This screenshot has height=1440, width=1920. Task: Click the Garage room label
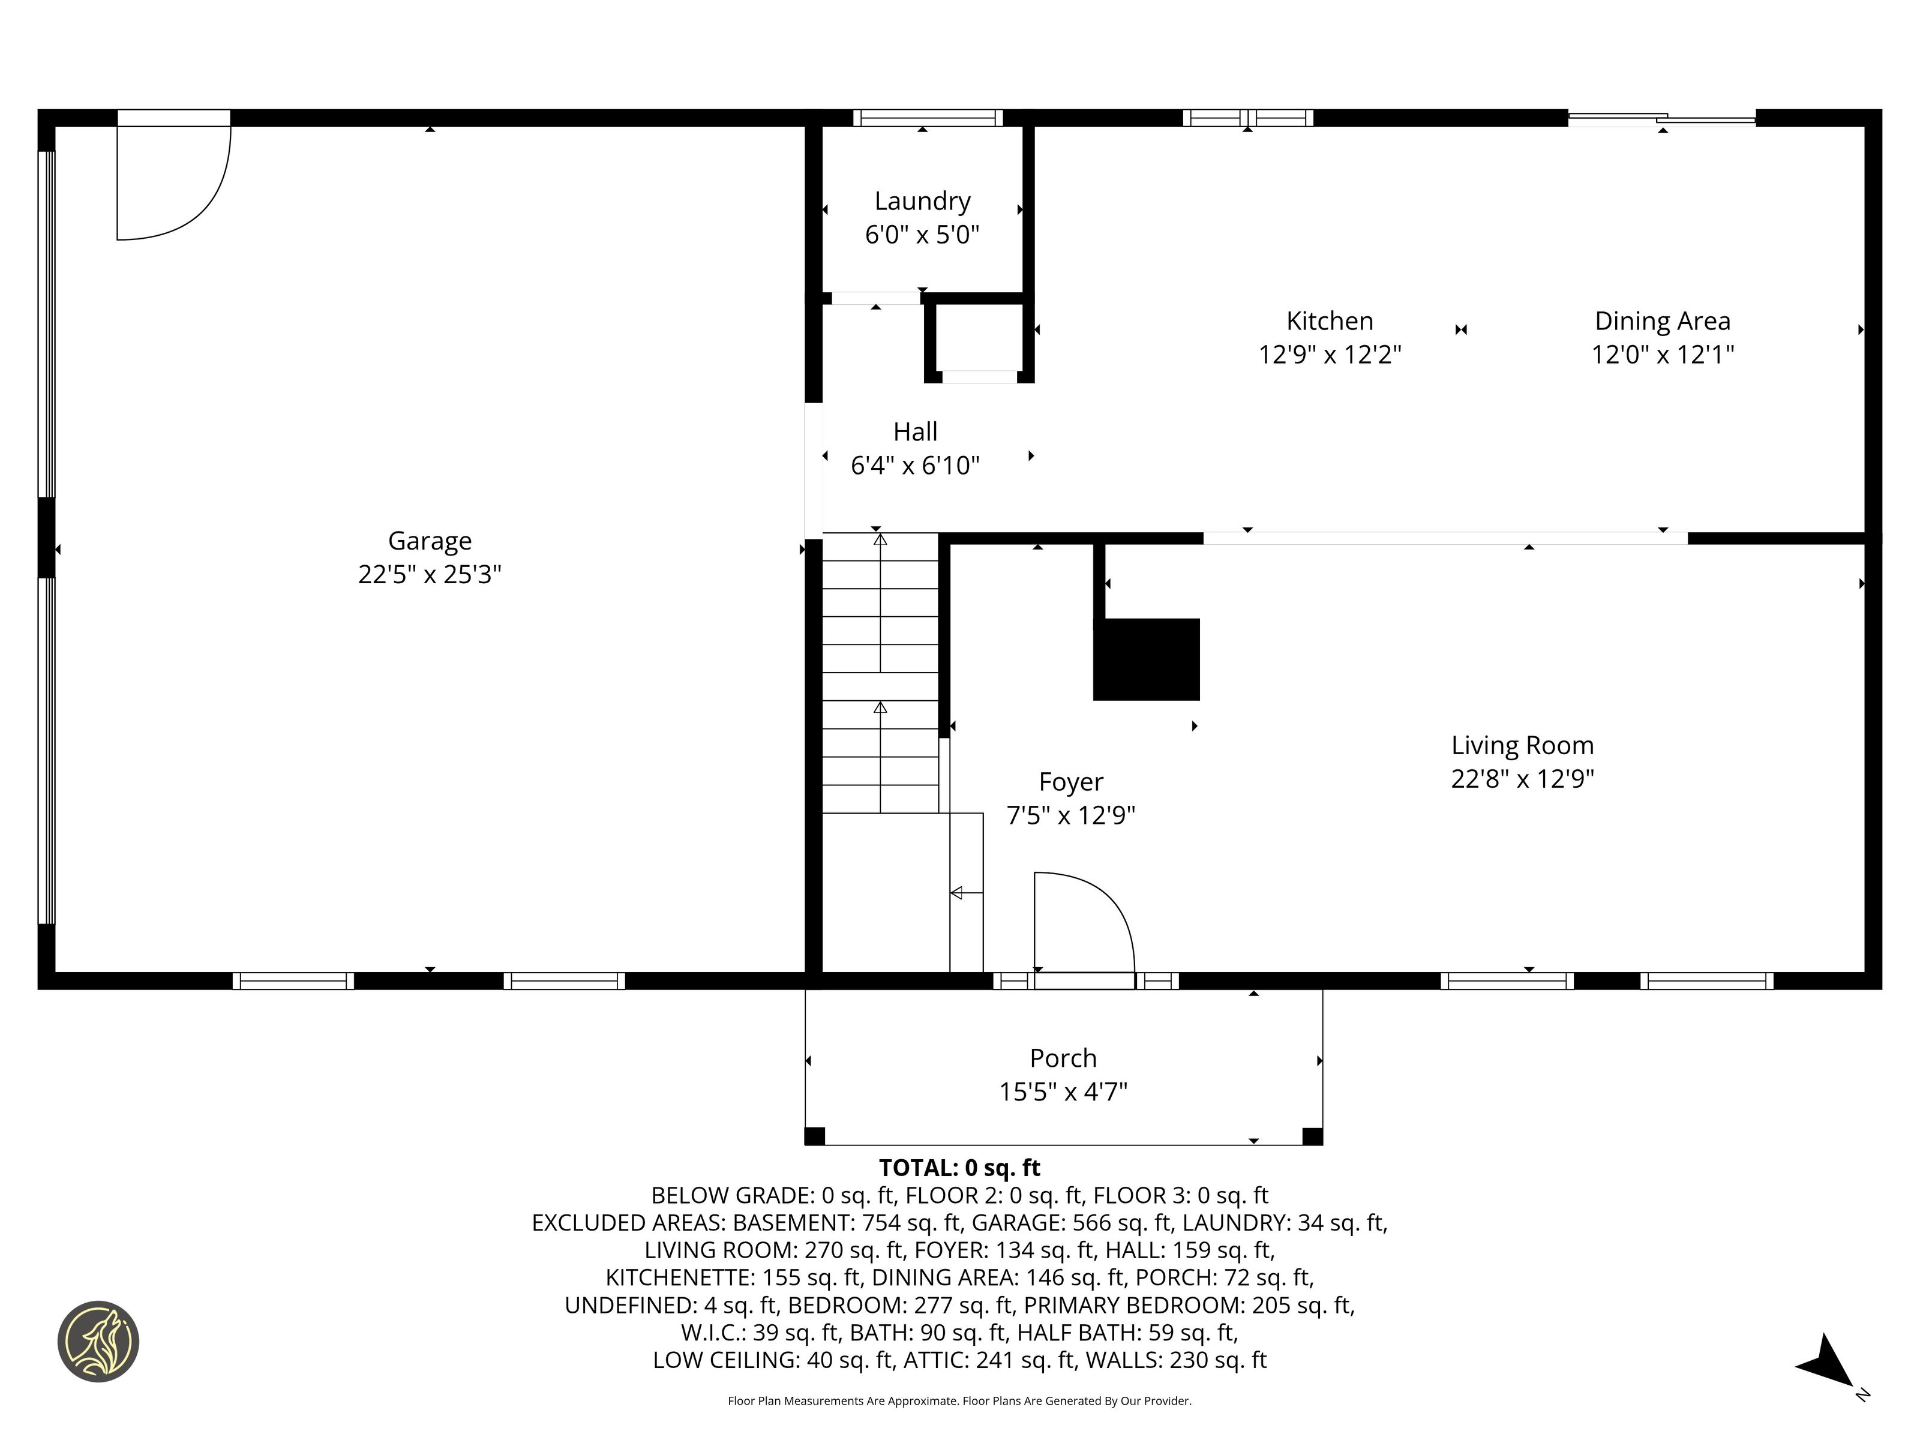point(430,541)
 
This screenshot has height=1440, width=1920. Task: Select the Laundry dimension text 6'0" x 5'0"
point(922,235)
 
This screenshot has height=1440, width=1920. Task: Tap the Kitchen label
point(1330,321)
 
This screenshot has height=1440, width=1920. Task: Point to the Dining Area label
point(1662,321)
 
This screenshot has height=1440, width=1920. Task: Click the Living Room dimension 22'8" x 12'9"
point(1522,779)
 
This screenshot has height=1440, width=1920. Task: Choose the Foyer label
point(1071,782)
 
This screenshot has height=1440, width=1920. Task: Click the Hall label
point(916,431)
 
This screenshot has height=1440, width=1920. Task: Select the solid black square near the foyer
point(1146,659)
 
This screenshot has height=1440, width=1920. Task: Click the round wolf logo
point(98,1341)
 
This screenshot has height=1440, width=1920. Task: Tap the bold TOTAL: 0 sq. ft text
point(959,1168)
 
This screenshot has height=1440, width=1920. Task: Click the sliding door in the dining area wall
point(1661,119)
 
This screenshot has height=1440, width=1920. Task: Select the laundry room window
point(927,118)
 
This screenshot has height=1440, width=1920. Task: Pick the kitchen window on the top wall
point(1247,118)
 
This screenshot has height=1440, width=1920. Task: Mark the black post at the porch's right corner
point(1312,1136)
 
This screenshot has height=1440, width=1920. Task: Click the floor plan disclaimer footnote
point(959,1401)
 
